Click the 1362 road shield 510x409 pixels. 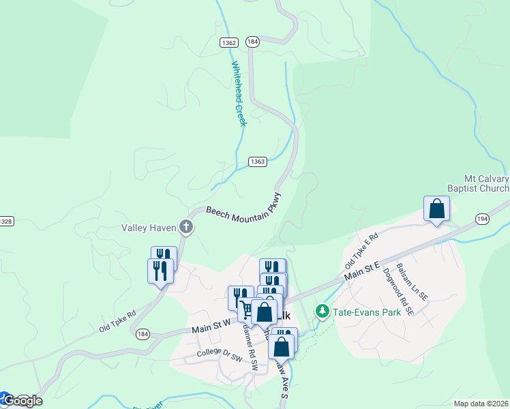click(x=228, y=42)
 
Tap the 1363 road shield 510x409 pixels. click(x=257, y=162)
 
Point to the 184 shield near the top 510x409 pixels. click(x=253, y=42)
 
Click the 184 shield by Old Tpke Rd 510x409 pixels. click(x=142, y=334)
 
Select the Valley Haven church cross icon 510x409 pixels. click(x=185, y=227)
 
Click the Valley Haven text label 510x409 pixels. click(x=149, y=228)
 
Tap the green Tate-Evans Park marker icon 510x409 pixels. click(x=322, y=312)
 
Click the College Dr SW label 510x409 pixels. click(x=220, y=354)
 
